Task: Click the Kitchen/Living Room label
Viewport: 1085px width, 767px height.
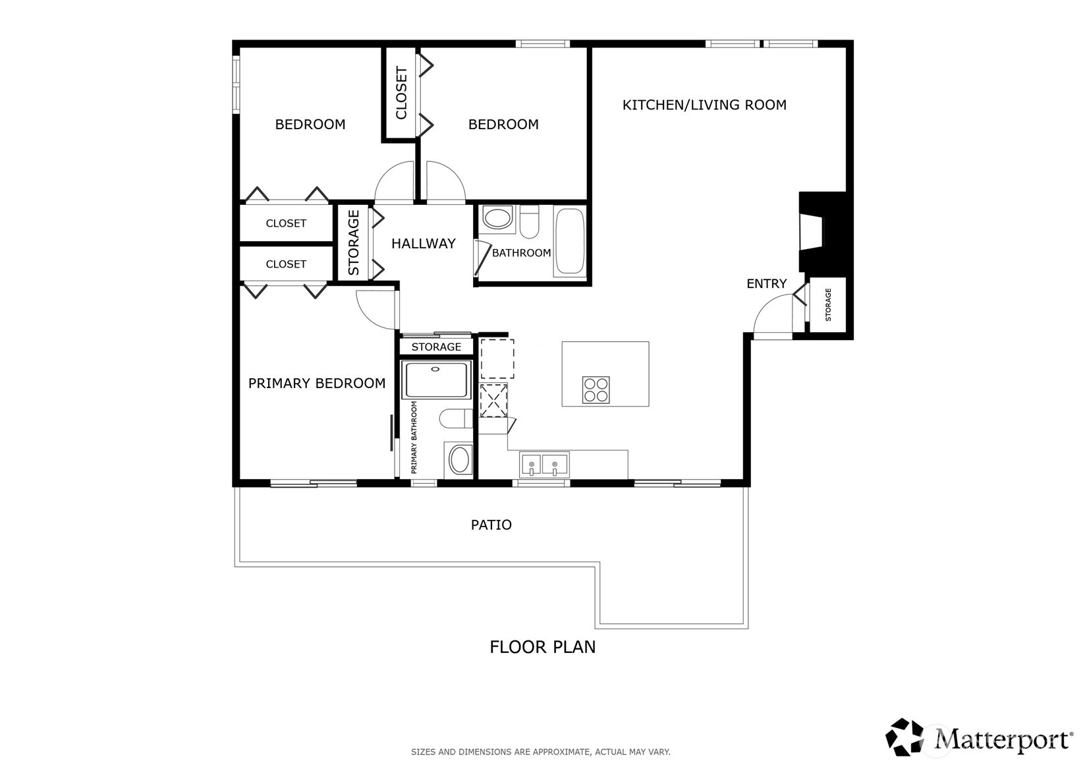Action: [704, 105]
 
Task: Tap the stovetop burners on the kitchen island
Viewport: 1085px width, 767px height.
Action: [596, 389]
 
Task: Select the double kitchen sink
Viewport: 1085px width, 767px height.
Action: [543, 465]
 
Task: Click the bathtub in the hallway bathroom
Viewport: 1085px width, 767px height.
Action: [569, 241]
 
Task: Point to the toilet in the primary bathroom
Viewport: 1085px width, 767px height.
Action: [455, 418]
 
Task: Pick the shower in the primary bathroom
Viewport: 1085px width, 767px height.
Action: [437, 379]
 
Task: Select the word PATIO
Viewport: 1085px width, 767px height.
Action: [491, 525]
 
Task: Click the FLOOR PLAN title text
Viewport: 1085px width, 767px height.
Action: [542, 647]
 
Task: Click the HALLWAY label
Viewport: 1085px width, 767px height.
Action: [423, 244]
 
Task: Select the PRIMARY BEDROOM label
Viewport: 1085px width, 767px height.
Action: [316, 383]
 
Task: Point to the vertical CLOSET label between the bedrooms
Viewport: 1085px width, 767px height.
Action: [401, 93]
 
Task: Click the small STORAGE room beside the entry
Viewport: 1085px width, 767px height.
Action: [827, 304]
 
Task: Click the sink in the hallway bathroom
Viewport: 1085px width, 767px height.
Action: [497, 218]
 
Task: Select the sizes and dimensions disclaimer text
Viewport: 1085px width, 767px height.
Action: [540, 751]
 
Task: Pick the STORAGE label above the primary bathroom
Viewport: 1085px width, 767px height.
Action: [436, 347]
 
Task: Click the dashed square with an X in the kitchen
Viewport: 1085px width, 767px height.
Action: [493, 400]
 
